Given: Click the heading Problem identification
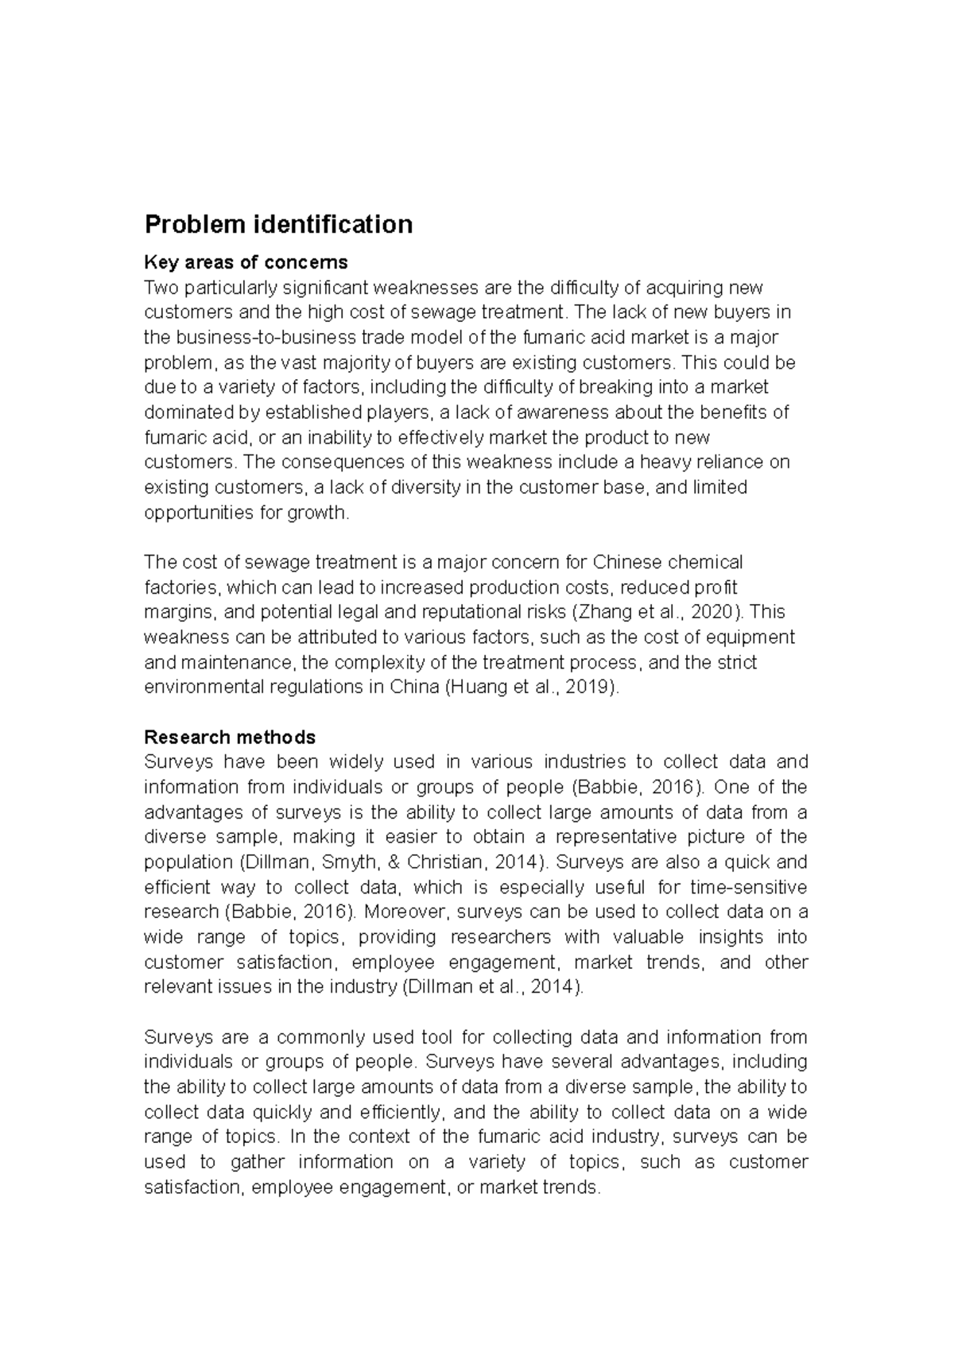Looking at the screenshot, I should click(x=278, y=225).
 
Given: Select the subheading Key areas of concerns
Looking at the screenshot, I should click(x=246, y=262).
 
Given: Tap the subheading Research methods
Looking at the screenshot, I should click(x=230, y=737).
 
